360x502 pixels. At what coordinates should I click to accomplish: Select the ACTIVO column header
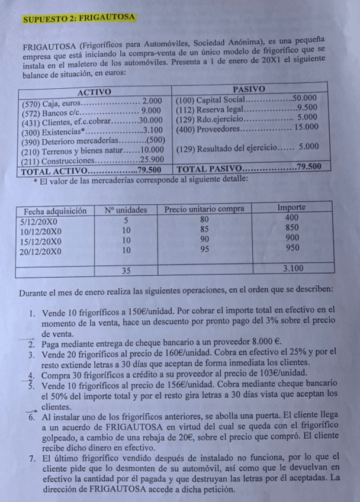pos(95,92)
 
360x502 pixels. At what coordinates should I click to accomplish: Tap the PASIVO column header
pos(249,88)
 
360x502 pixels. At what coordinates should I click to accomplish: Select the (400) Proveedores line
pos(247,127)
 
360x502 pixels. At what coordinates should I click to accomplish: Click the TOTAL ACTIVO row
pos(92,170)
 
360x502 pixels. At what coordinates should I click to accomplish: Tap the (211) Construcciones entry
pos(92,160)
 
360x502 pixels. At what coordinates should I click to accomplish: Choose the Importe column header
pos(291,208)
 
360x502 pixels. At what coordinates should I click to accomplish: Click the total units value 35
pos(126,271)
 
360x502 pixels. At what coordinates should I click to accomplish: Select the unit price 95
pos(205,249)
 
